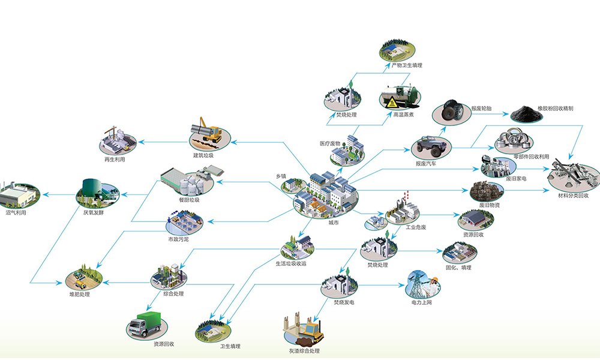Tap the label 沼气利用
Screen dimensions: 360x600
[x=16, y=212]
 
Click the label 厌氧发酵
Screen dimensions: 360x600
[x=94, y=212]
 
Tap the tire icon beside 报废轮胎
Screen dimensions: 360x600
[x=451, y=111]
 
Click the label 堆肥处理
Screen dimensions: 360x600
[x=79, y=294]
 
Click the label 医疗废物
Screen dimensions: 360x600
[x=329, y=143]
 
